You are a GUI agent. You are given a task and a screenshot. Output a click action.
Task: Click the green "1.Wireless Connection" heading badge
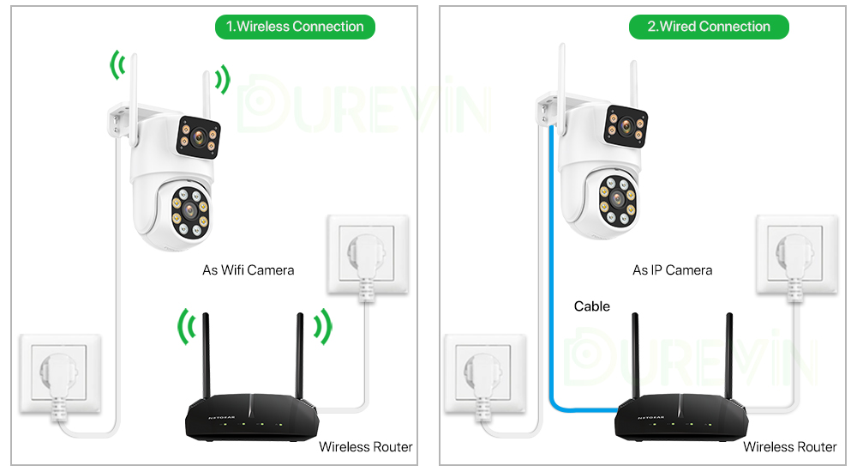click(295, 27)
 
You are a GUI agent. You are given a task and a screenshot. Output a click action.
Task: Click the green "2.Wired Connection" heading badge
click(709, 27)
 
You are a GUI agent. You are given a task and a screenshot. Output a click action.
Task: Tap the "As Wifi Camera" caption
click(248, 270)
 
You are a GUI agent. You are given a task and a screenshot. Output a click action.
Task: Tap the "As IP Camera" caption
click(672, 270)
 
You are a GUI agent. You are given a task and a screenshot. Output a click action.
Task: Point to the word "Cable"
click(592, 306)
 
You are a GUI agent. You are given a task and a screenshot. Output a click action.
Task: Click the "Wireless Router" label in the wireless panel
click(365, 447)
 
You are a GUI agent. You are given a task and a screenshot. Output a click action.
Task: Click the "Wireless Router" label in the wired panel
click(789, 447)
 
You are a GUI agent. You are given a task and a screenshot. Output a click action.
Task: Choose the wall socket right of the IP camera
click(796, 255)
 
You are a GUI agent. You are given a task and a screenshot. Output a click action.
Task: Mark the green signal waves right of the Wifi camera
click(223, 81)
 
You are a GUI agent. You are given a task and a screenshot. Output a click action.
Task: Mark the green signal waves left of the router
click(185, 327)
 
